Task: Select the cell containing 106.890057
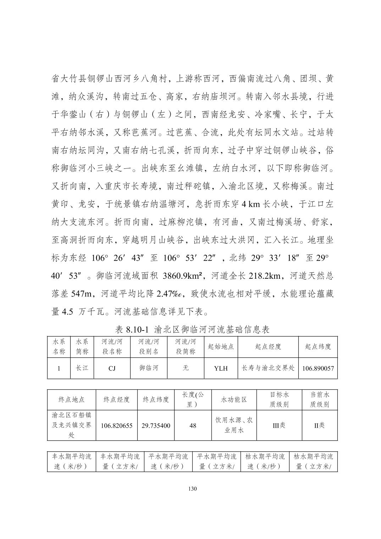[318, 368]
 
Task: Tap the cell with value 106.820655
[117, 425]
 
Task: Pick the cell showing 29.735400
[156, 425]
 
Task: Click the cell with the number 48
[193, 425]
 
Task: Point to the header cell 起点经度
[268, 346]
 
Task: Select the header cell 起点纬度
[318, 346]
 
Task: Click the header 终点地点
[71, 400]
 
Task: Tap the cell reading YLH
[221, 368]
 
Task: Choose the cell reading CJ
[112, 368]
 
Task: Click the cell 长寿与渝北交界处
[268, 368]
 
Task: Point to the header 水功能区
[234, 400]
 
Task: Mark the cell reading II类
[319, 425]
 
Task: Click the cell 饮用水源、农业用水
[234, 425]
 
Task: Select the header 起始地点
[221, 346]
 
